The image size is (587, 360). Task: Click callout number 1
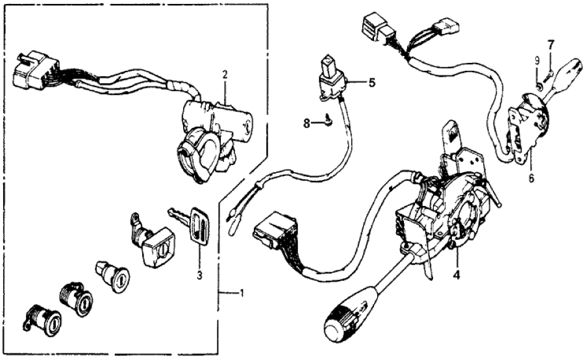point(241,294)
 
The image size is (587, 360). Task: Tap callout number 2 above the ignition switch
point(225,75)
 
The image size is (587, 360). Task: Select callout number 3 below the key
point(200,276)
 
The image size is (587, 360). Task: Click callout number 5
point(372,83)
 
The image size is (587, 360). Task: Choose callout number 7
point(551,45)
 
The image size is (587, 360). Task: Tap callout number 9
point(537,60)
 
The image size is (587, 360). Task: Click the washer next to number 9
point(539,85)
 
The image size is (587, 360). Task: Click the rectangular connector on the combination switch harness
point(273,230)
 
